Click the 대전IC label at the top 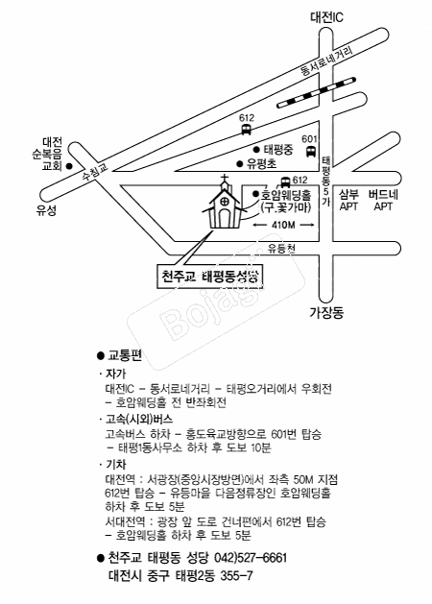[326, 17]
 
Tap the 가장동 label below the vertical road [326, 312]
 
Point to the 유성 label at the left [47, 210]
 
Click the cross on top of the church [224, 180]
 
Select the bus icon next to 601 [310, 151]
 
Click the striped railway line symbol [316, 92]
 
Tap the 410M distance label [283, 225]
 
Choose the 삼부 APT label [348, 201]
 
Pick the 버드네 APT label [383, 201]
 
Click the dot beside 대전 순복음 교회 [69, 166]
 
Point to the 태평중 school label [278, 150]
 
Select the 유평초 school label [262, 164]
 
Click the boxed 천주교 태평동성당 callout [210, 277]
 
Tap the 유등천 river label [281, 249]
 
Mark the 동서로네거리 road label [326, 61]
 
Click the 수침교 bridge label [95, 173]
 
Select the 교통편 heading [125, 355]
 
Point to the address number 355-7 [236, 576]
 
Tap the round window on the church [224, 202]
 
